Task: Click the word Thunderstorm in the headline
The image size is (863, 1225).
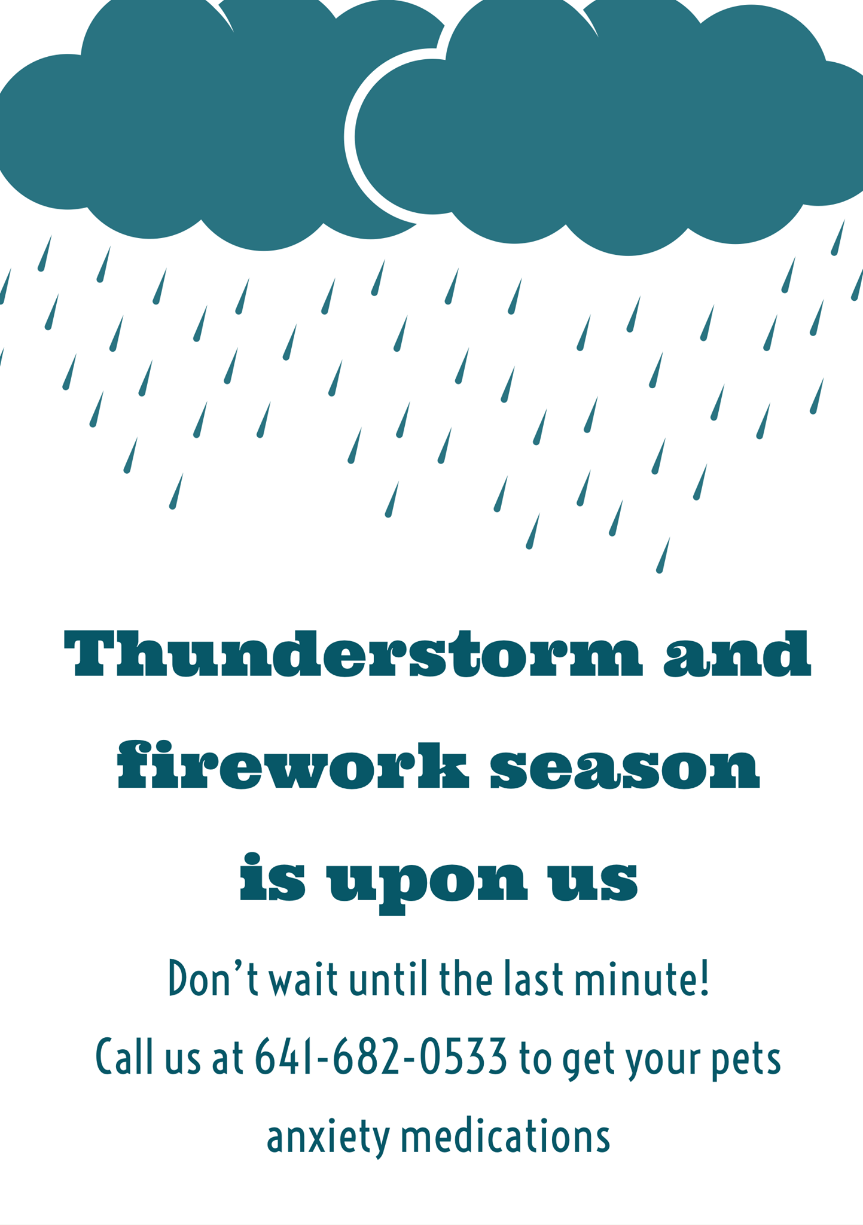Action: (353, 653)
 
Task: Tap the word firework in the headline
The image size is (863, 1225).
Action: (293, 766)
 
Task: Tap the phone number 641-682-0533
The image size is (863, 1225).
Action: (381, 1058)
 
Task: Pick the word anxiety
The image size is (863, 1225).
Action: (328, 1137)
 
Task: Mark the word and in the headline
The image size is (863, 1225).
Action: (737, 653)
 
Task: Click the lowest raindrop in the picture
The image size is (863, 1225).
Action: (663, 555)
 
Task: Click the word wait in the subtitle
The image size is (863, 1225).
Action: (303, 980)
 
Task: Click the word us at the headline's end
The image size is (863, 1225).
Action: (593, 882)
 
